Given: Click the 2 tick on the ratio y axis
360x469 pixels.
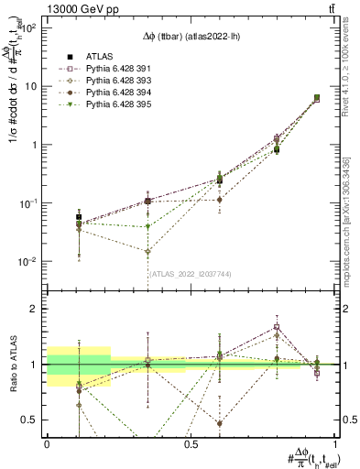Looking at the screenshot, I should pyautogui.click(x=37, y=309).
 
